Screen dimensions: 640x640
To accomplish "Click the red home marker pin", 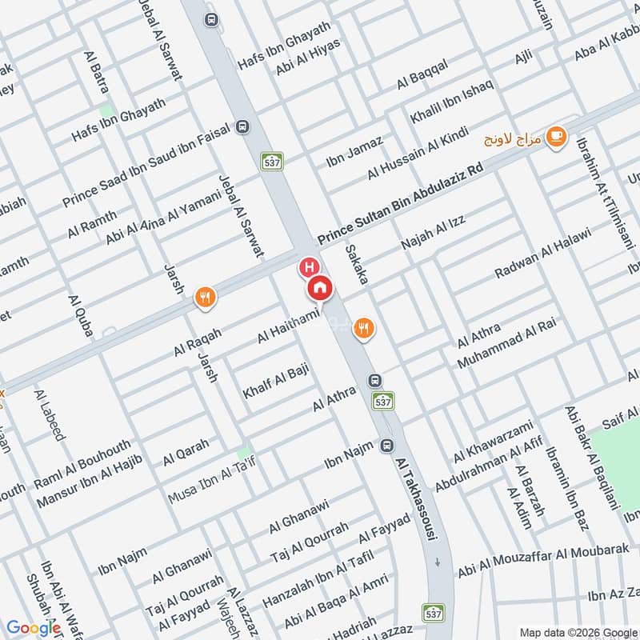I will click(x=319, y=287).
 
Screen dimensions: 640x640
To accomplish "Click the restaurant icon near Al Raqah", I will click(x=206, y=298).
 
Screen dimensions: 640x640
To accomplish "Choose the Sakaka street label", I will click(x=357, y=265).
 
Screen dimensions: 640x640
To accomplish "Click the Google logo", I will click(x=33, y=627).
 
